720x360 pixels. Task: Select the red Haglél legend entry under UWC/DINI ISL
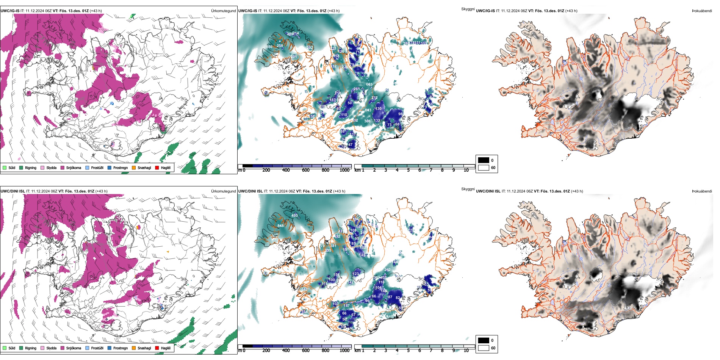pos(163,348)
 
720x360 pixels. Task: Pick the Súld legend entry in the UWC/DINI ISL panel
pos(9,348)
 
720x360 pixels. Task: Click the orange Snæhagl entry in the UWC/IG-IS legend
pos(141,167)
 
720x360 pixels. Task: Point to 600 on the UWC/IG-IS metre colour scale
pos(305,170)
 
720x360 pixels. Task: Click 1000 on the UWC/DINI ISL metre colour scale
pos(344,351)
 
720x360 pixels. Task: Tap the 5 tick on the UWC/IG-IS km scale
pos(408,170)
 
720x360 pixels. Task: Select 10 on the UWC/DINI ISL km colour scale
pos(466,351)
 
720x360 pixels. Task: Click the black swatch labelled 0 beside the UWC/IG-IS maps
pos(484,160)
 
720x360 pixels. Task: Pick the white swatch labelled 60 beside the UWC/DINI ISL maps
pos(484,348)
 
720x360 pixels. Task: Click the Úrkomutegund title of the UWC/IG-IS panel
pos(223,11)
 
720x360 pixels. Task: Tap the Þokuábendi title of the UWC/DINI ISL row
pos(702,191)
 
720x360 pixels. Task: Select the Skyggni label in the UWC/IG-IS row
pos(468,9)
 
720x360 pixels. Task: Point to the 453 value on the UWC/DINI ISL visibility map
pos(294,216)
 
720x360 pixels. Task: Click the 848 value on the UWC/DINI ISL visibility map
pos(280,226)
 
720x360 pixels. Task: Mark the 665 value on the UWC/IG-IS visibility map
pos(369,85)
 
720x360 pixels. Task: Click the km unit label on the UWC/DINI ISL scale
pos(357,351)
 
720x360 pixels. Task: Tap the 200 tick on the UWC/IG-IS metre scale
pos(266,170)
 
